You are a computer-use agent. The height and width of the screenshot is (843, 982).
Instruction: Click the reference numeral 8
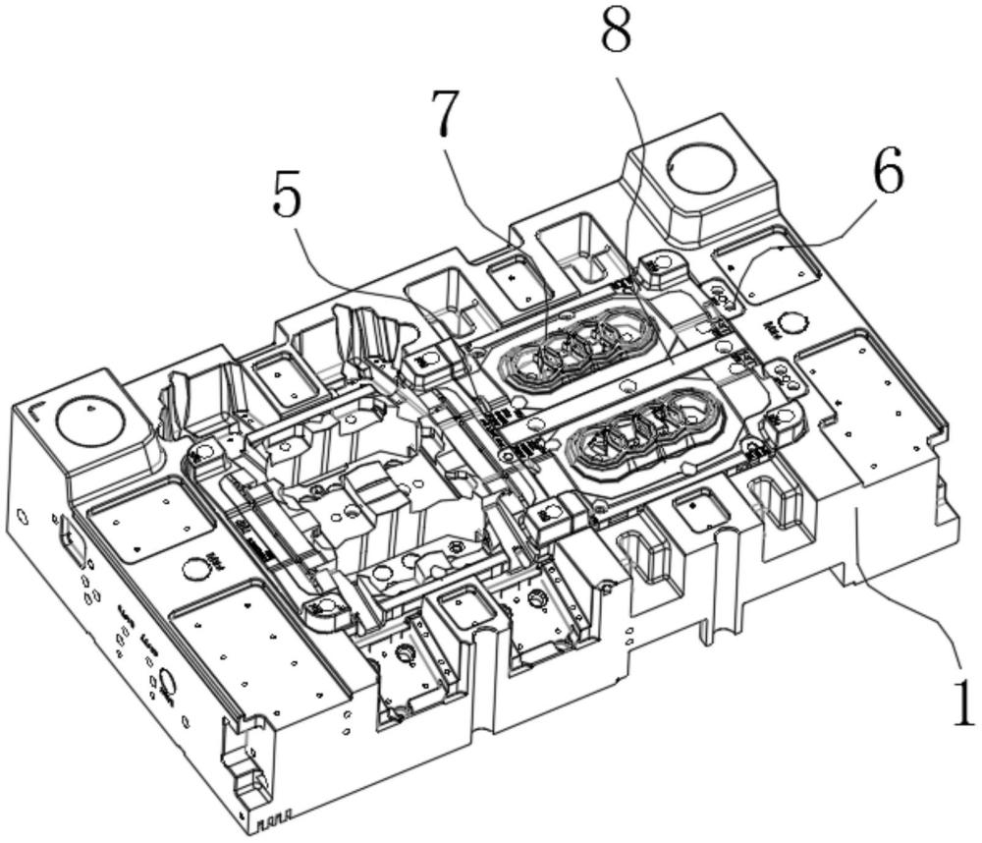tap(617, 34)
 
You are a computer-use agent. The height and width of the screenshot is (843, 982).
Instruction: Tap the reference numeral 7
tap(447, 116)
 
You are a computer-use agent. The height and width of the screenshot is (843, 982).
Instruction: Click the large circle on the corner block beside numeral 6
tap(701, 164)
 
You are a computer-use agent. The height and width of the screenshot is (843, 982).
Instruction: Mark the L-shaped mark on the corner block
tap(35, 405)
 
